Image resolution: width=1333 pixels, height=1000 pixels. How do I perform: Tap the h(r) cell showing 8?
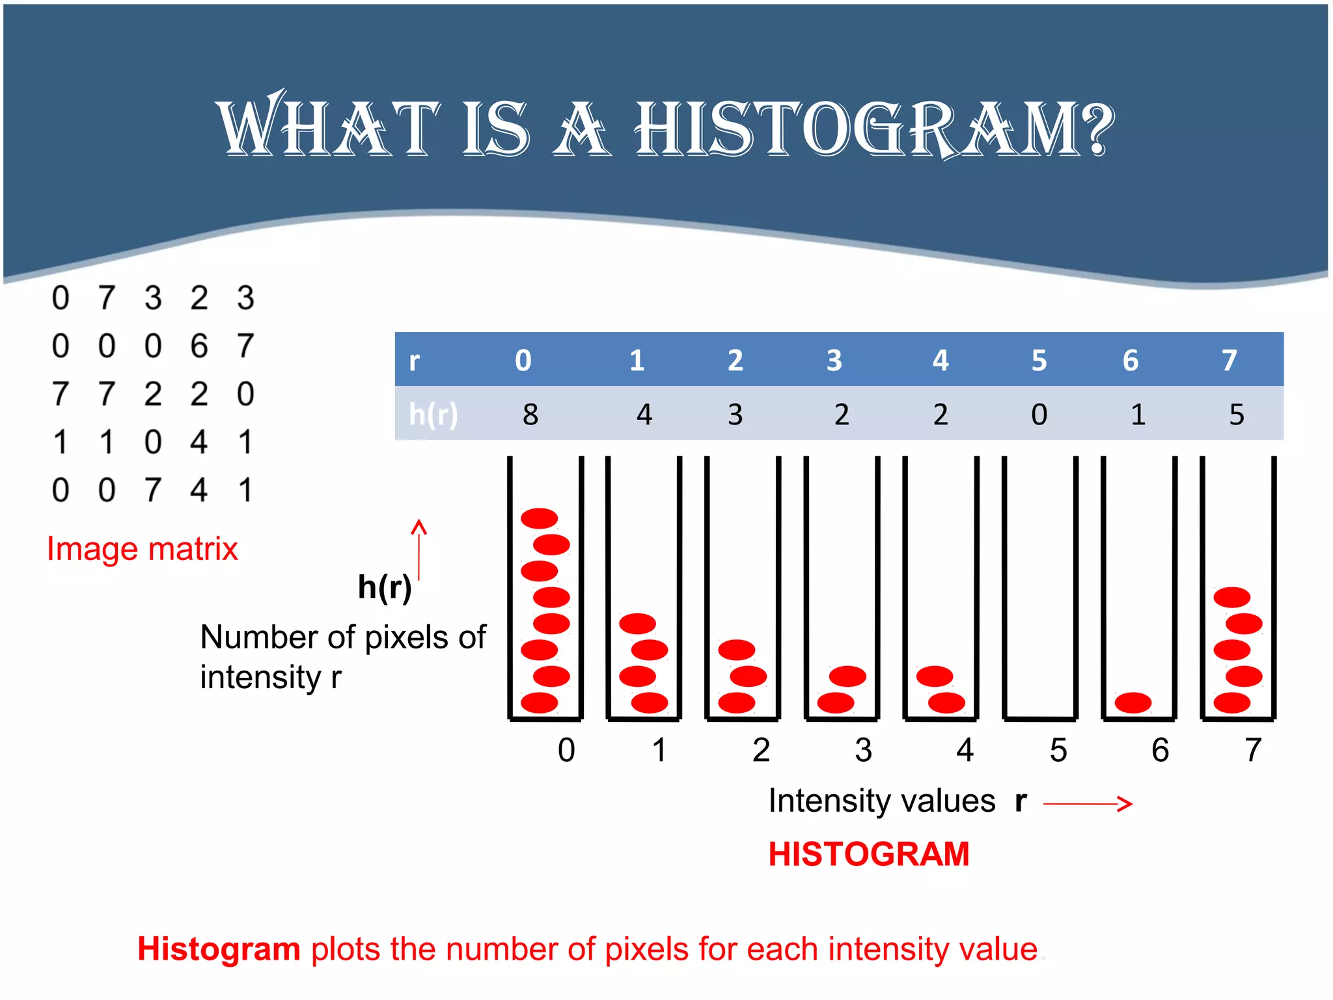click(530, 414)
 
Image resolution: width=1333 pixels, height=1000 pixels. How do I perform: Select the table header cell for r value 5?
click(1039, 360)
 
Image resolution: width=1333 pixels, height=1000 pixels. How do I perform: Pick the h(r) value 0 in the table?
click(1039, 414)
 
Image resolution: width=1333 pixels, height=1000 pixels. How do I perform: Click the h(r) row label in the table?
click(433, 414)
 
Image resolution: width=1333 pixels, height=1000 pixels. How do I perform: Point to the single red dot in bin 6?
click(1133, 702)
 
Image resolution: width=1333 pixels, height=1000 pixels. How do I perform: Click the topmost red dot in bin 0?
click(539, 518)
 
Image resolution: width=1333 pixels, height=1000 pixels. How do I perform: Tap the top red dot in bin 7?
click(1231, 597)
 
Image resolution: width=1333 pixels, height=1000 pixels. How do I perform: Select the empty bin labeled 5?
click(1039, 586)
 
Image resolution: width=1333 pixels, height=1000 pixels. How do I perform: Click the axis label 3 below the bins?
click(863, 750)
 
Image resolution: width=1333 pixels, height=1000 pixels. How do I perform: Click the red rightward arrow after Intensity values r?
click(1088, 804)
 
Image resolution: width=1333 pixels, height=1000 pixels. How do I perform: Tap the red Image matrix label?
click(143, 549)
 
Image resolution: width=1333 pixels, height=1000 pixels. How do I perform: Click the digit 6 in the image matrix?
click(199, 346)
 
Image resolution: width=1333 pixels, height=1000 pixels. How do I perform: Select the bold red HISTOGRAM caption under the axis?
click(869, 854)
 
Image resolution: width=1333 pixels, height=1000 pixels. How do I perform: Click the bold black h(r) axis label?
click(385, 587)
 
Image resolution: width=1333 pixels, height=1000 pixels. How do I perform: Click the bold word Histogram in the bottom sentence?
click(219, 949)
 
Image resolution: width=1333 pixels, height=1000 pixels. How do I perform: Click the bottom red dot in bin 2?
click(736, 702)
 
